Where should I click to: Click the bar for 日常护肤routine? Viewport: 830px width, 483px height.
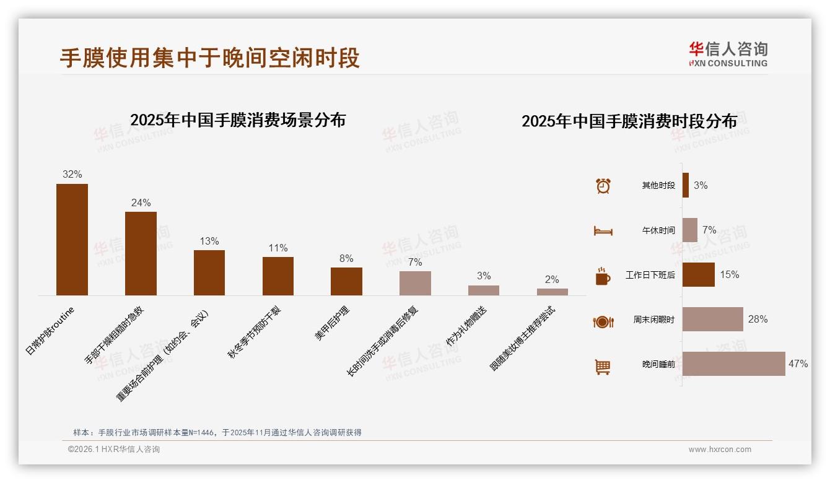point(72,239)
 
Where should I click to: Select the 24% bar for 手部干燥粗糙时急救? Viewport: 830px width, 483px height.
point(141,253)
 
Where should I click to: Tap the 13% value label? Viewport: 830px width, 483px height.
point(209,241)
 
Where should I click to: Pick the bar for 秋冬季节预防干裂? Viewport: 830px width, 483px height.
point(278,276)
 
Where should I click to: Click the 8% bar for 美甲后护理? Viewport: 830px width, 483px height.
point(346,281)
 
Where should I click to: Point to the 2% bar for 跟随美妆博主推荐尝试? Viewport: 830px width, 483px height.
point(552,292)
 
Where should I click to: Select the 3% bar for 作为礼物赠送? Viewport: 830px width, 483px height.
point(484,290)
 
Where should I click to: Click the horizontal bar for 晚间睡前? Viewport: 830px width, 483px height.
point(733,363)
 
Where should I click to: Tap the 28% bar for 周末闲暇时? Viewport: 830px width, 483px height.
point(712,319)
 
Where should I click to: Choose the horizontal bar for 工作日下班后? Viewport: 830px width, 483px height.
point(698,274)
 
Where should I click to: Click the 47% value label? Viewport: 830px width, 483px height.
point(798,364)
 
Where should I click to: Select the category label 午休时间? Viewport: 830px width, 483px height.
point(658,230)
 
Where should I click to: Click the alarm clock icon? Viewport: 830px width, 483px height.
point(603,186)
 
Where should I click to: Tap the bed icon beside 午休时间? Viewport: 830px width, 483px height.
point(603,231)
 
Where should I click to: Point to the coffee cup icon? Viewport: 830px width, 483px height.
point(603,276)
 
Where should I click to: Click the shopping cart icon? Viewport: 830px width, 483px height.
point(603,367)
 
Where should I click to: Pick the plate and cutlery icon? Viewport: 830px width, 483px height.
point(603,321)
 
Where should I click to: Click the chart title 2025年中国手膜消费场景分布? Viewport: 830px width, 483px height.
point(238,120)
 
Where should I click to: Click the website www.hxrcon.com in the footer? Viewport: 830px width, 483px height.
point(720,450)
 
